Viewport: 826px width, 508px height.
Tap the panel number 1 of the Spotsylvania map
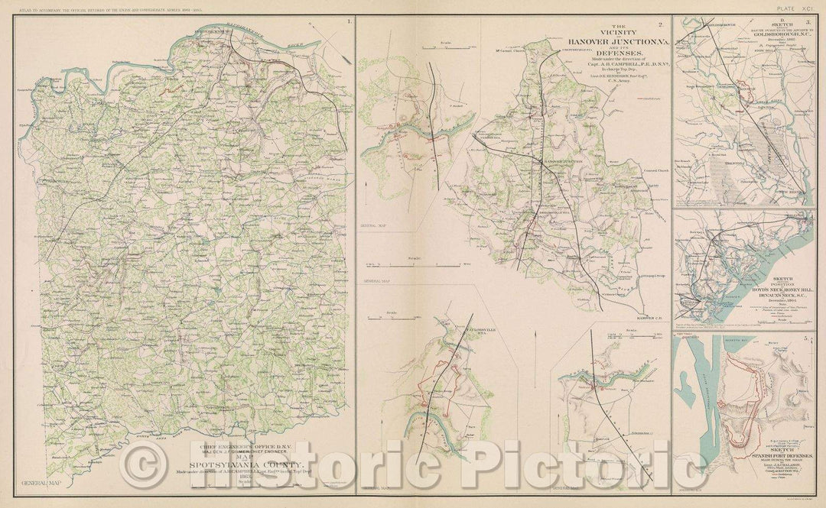pyautogui.click(x=350, y=21)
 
